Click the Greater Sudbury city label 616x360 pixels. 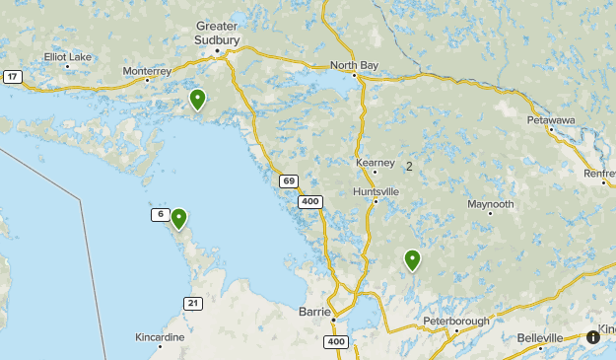coord(218,32)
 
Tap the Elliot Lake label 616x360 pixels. coord(67,57)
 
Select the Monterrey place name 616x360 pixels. coord(147,72)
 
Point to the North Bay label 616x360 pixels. coord(355,66)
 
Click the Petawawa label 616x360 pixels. coord(551,120)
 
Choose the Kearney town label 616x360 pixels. coord(376,163)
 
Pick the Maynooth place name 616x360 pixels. coord(491,204)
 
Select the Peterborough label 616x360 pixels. coord(456,323)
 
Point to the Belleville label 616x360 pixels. coord(540,337)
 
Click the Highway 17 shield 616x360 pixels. coord(12,77)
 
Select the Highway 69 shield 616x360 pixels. coord(288,180)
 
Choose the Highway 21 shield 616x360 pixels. coord(193,302)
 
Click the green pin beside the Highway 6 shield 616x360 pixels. coord(179,218)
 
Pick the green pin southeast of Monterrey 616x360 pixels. coord(197,98)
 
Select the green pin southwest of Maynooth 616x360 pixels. coord(412,259)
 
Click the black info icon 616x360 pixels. coord(593,336)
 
